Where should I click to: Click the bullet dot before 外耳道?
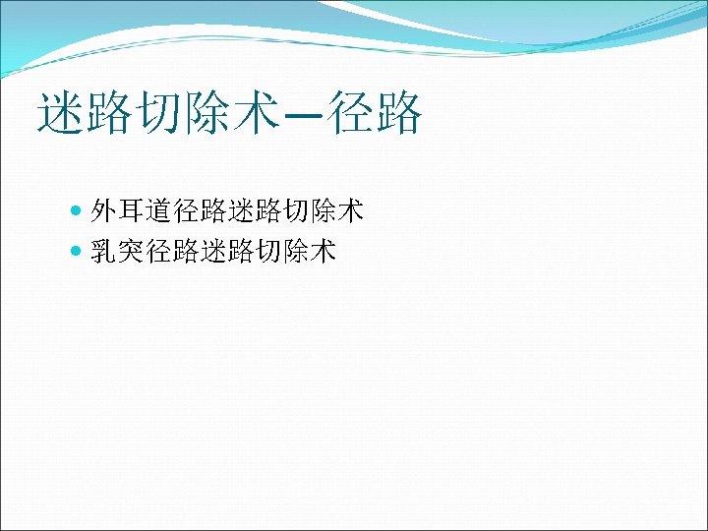78,210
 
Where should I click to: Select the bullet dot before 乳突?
78,253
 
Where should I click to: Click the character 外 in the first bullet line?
104,210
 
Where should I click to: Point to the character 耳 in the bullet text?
132,210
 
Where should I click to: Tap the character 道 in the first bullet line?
159,210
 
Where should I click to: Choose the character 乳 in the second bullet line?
104,253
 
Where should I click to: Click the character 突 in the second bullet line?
132,253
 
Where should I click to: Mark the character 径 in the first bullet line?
187,210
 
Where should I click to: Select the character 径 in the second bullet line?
159,253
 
